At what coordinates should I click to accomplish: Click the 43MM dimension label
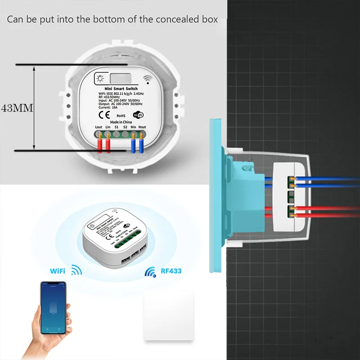pyautogui.click(x=16, y=108)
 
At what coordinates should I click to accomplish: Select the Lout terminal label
pyautogui.click(x=99, y=128)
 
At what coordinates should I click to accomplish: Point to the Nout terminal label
pyautogui.click(x=143, y=128)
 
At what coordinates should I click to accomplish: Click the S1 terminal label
pyautogui.click(x=117, y=128)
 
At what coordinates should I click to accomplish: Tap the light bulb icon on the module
pyautogui.click(x=100, y=78)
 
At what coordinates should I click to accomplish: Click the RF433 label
pyautogui.click(x=170, y=271)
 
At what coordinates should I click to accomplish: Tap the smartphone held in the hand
pyautogui.click(x=53, y=308)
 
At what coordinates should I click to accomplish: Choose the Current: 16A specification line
pyautogui.click(x=107, y=107)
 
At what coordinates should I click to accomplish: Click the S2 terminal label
pyautogui.click(x=126, y=128)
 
